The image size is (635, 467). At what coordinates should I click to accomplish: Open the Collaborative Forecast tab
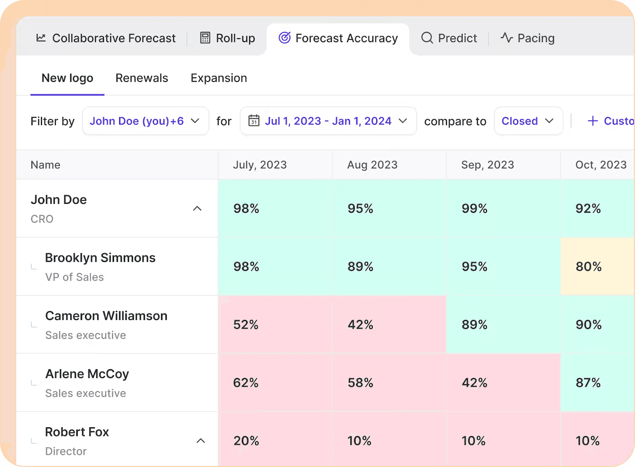coord(106,38)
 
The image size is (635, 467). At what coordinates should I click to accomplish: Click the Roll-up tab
coord(227,38)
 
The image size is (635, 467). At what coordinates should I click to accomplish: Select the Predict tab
coord(449,38)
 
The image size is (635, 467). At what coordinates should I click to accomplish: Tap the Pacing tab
coord(527,38)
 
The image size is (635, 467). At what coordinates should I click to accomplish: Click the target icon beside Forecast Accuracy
coord(285,38)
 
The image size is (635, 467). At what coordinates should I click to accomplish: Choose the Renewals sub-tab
coord(142,78)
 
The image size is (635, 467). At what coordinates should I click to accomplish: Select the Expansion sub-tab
coord(219,78)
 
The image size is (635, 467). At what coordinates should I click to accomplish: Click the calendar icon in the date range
coord(254,120)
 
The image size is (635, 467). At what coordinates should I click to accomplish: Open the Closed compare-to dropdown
coord(528,121)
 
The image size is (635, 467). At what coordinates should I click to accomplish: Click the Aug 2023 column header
coord(372,165)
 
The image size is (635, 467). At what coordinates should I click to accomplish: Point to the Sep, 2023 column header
coord(487,165)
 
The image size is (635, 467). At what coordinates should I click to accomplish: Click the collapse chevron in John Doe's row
coord(197,209)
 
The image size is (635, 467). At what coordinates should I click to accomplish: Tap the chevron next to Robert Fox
coord(201,441)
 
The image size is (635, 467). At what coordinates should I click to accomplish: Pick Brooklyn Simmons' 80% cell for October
coord(589,267)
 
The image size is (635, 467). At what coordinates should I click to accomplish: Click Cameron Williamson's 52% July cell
coord(246,325)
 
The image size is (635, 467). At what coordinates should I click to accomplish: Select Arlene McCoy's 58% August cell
coord(360,383)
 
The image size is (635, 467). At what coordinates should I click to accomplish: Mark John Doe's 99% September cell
coord(474,209)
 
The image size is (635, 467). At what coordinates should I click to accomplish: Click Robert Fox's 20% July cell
coord(246,441)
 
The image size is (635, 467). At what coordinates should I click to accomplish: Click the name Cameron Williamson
coord(106,316)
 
